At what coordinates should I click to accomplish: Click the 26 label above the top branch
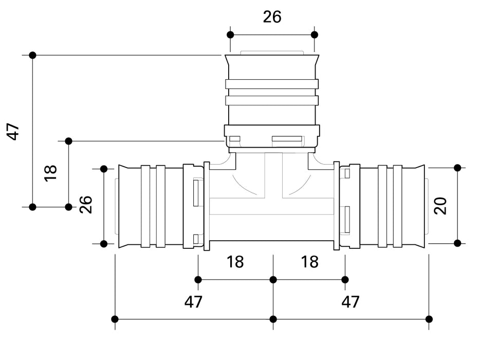tap(272, 16)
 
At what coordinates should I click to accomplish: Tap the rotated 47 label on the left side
tap(13, 132)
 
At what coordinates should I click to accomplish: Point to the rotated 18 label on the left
tap(50, 173)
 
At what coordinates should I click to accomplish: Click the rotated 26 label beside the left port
tap(86, 205)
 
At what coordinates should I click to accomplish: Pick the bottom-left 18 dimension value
tap(235, 262)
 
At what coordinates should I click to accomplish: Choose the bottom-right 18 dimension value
tap(310, 262)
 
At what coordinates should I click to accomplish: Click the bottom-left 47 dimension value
tap(193, 302)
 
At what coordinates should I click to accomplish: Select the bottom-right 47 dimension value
tap(350, 302)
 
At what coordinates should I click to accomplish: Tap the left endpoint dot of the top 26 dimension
tap(230, 34)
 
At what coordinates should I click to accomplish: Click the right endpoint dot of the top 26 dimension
tap(315, 34)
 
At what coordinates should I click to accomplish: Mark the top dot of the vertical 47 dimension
tap(32, 55)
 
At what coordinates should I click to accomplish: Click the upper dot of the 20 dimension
tap(457, 168)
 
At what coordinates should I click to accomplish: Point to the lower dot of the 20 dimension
tap(457, 243)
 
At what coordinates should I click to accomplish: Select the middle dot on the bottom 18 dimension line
tap(273, 280)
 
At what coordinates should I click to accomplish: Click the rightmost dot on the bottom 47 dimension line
tap(429, 319)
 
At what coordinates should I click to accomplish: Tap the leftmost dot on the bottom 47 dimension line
tap(115, 319)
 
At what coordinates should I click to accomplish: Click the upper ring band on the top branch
tap(272, 84)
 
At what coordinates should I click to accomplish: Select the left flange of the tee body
tap(207, 206)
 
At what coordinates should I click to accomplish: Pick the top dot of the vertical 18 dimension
tap(68, 141)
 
